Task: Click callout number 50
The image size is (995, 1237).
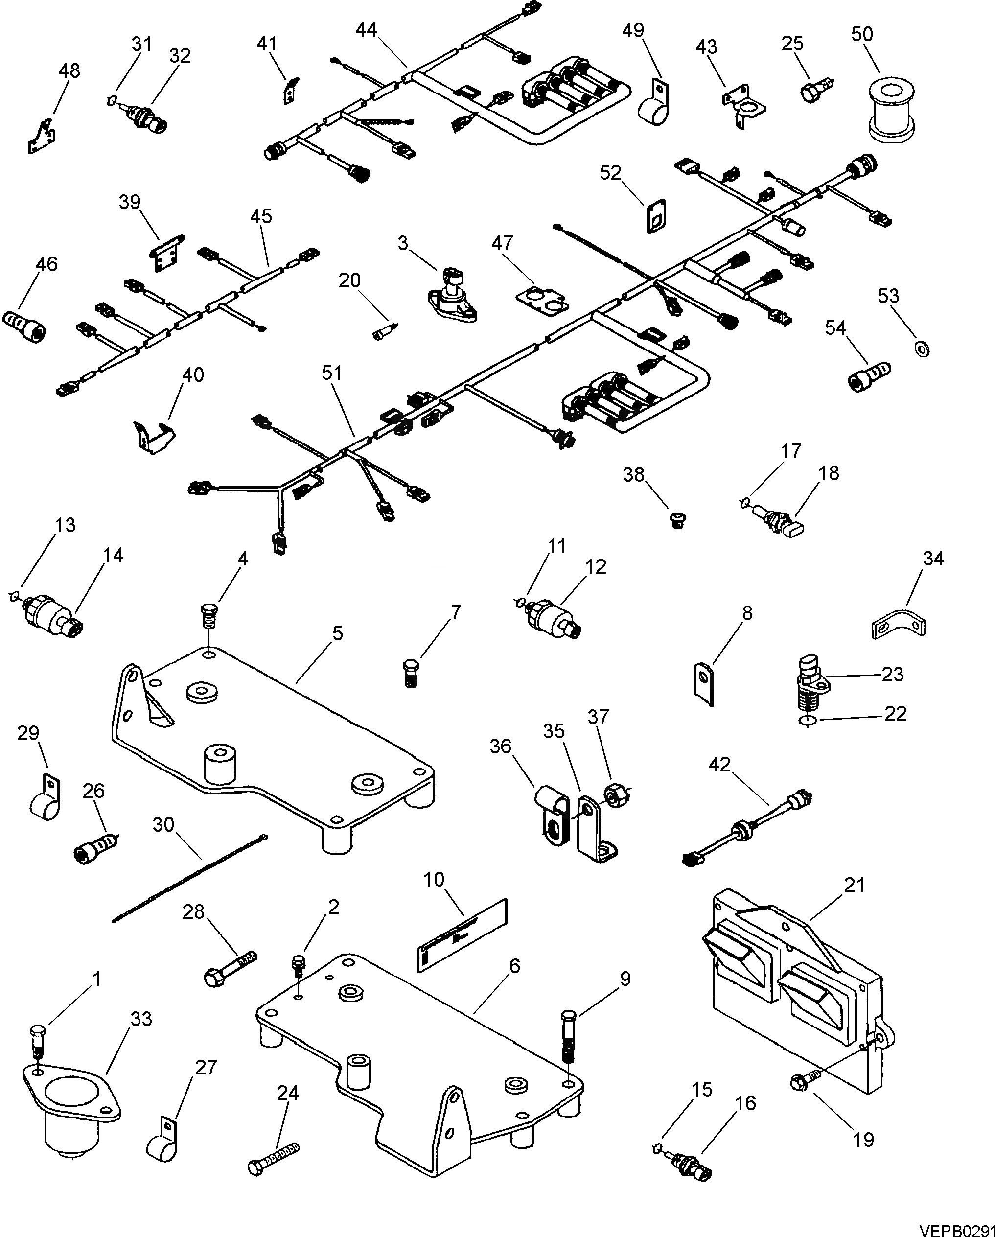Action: [861, 34]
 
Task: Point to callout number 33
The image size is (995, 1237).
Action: [141, 1019]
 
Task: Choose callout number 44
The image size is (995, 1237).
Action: [366, 30]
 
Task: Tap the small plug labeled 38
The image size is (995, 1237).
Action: [678, 520]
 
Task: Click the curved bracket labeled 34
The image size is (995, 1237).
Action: [898, 626]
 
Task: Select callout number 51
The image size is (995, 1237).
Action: [331, 373]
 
